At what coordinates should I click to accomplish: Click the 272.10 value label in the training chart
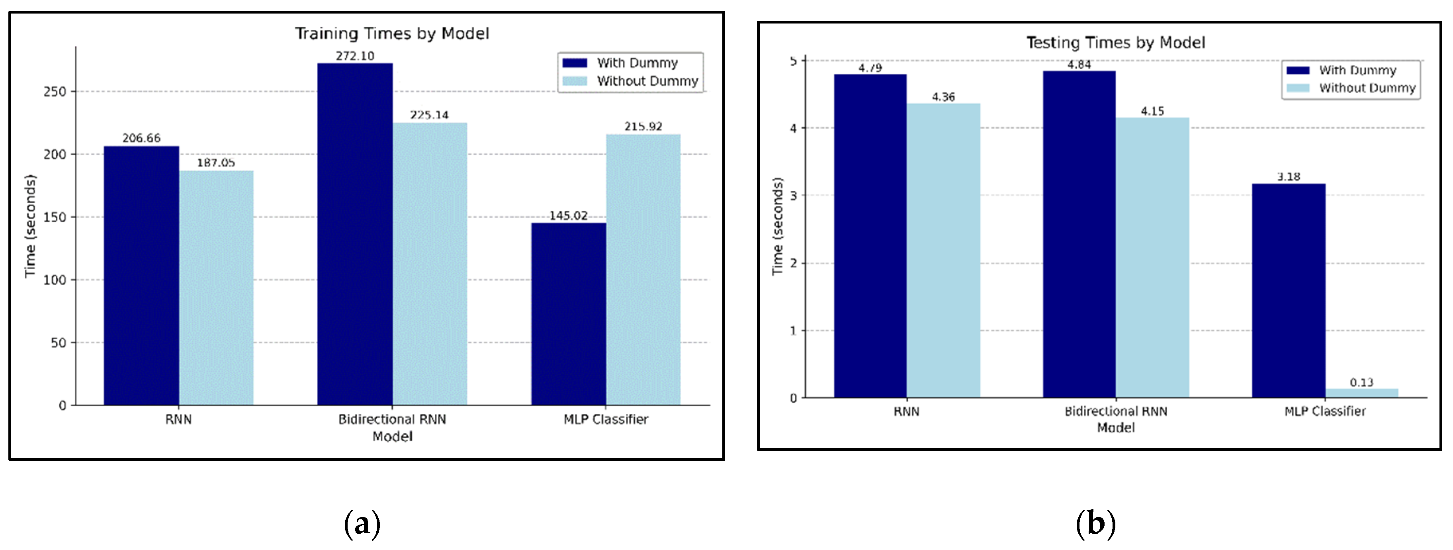[355, 56]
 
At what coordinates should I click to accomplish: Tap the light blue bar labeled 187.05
[216, 288]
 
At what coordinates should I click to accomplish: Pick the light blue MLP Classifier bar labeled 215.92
[643, 270]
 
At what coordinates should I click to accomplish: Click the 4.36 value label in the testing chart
[943, 97]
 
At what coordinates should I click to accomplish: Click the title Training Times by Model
[392, 33]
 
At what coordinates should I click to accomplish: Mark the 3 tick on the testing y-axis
[793, 196]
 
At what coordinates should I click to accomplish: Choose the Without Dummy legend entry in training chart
[647, 81]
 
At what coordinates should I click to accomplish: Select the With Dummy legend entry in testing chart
[1357, 70]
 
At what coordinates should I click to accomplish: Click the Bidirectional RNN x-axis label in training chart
[392, 419]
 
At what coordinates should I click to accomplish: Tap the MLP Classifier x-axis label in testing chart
[1324, 411]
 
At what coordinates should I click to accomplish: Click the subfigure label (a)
[362, 523]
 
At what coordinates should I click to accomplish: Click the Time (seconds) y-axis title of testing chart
[777, 227]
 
